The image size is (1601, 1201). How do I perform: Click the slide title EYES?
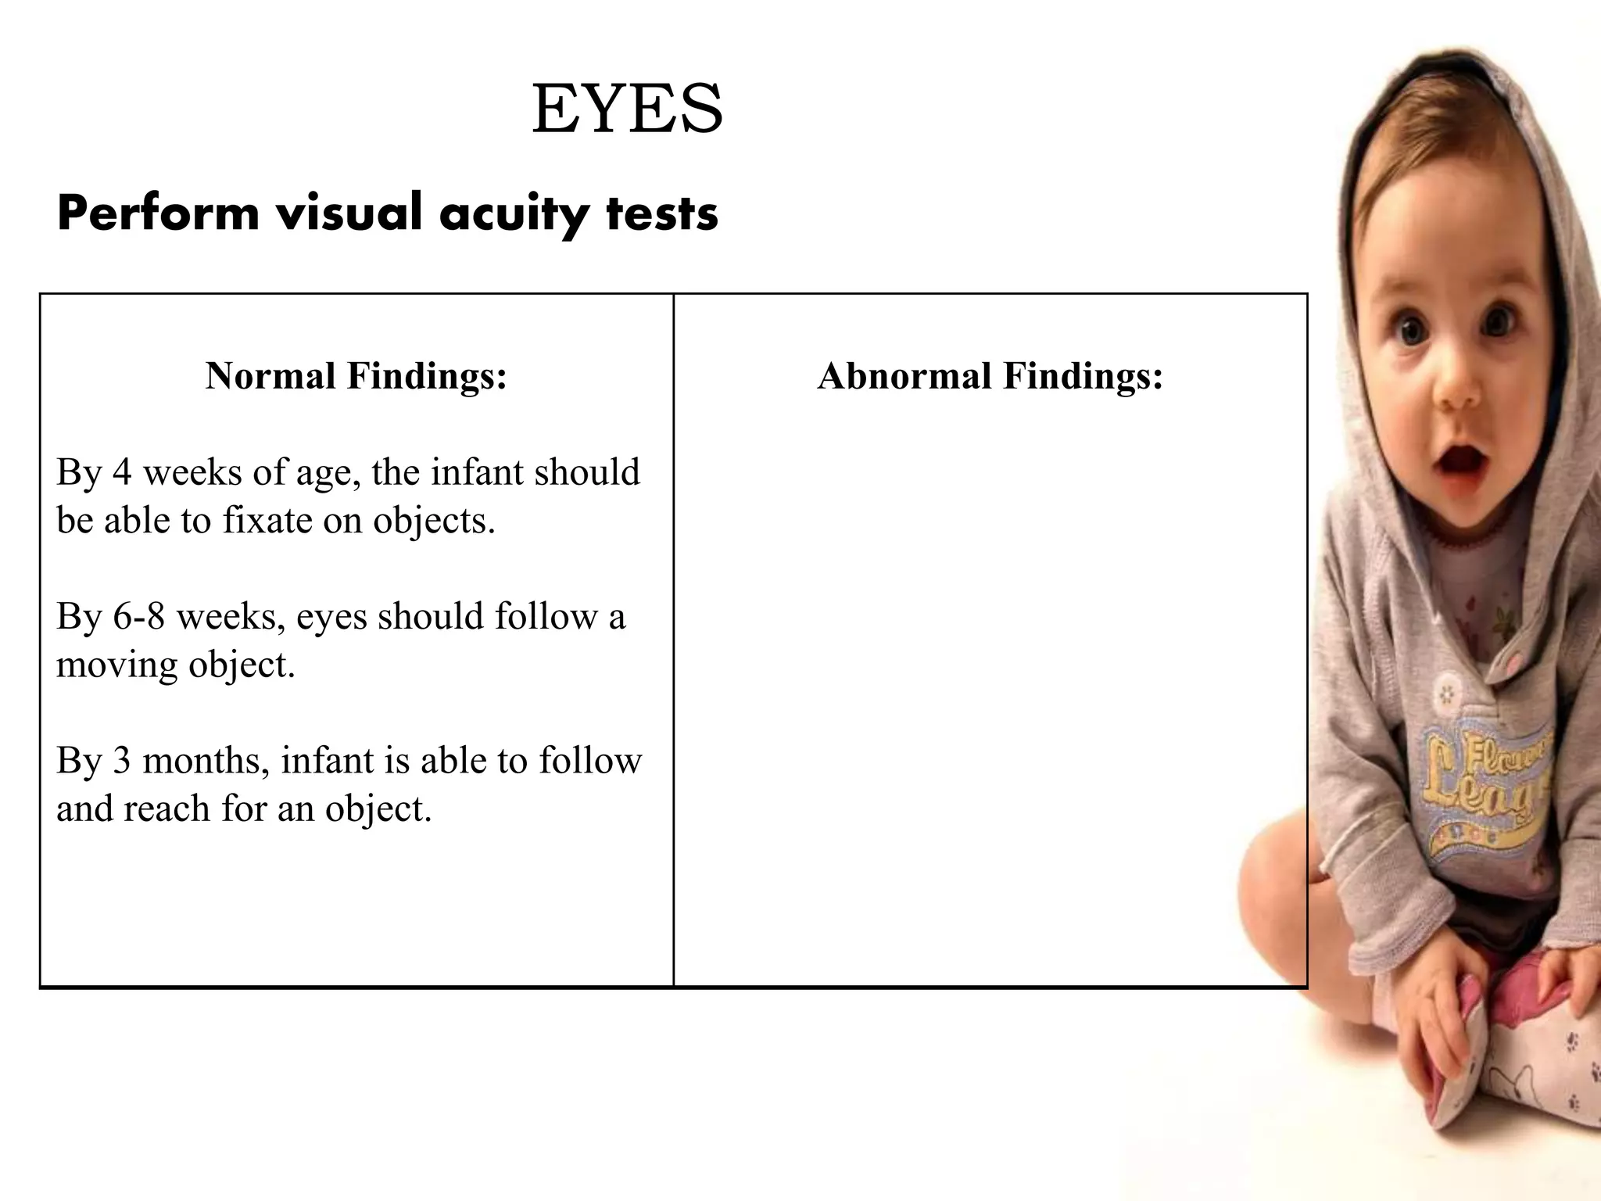[627, 109]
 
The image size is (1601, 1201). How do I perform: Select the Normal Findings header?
[356, 376]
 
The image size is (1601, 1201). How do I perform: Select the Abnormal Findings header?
[990, 376]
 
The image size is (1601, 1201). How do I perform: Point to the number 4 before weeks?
[122, 473]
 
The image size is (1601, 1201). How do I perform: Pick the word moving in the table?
[116, 666]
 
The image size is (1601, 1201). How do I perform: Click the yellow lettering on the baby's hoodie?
[1485, 782]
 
